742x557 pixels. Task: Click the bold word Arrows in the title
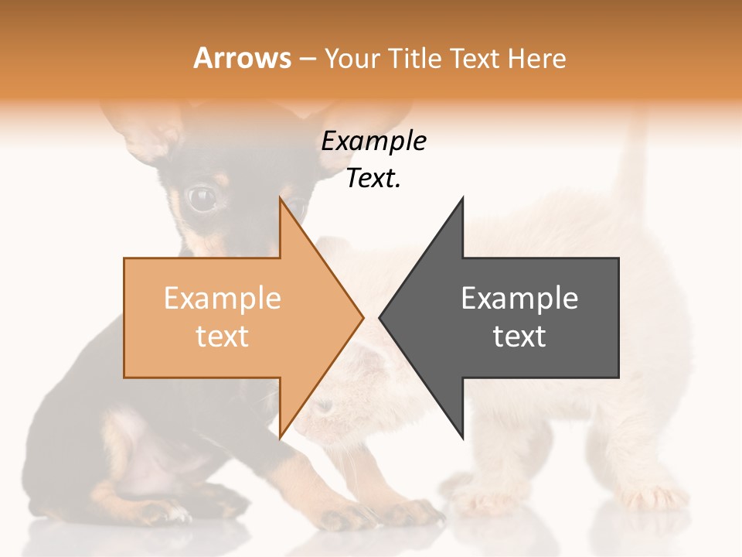(243, 58)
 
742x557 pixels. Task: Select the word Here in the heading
(537, 59)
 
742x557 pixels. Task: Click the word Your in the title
(350, 59)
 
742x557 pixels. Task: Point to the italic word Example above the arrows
(373, 142)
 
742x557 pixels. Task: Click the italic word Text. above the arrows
(373, 179)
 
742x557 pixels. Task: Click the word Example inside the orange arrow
(223, 299)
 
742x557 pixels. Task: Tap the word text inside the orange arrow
(223, 337)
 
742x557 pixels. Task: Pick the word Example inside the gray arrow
(519, 299)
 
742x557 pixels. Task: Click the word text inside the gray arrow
(519, 337)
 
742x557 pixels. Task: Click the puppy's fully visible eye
(203, 199)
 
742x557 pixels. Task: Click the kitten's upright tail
(634, 162)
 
